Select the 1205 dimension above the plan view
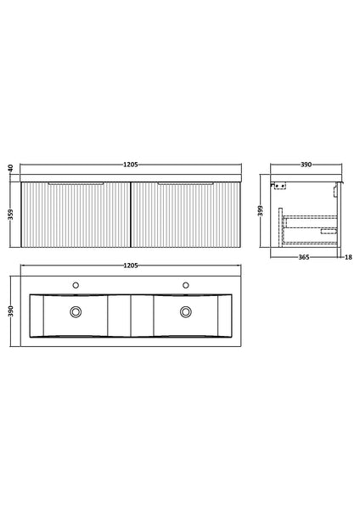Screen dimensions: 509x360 click(x=132, y=266)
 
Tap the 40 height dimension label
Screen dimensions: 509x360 click(x=9, y=170)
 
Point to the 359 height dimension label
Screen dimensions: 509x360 click(x=9, y=215)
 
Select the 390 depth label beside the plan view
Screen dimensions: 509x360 click(x=9, y=311)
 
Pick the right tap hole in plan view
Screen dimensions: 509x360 click(x=185, y=284)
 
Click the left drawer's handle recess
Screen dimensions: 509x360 click(x=77, y=182)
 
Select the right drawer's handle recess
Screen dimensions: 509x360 click(x=185, y=182)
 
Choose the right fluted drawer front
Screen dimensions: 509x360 click(x=185, y=216)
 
